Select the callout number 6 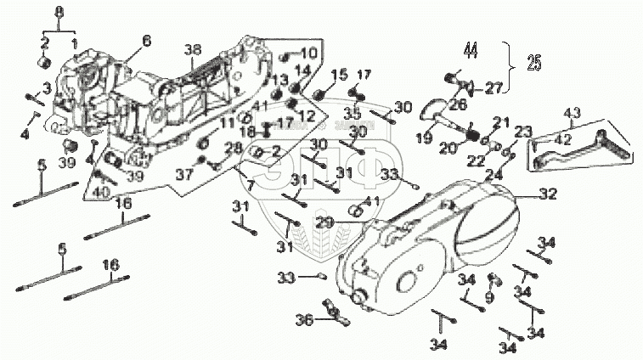(x=146, y=41)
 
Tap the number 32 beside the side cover (x=549, y=194)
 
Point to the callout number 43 (x=572, y=114)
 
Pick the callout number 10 (x=307, y=53)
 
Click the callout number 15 (x=340, y=76)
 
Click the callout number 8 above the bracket (x=59, y=11)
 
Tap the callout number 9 (x=489, y=297)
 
